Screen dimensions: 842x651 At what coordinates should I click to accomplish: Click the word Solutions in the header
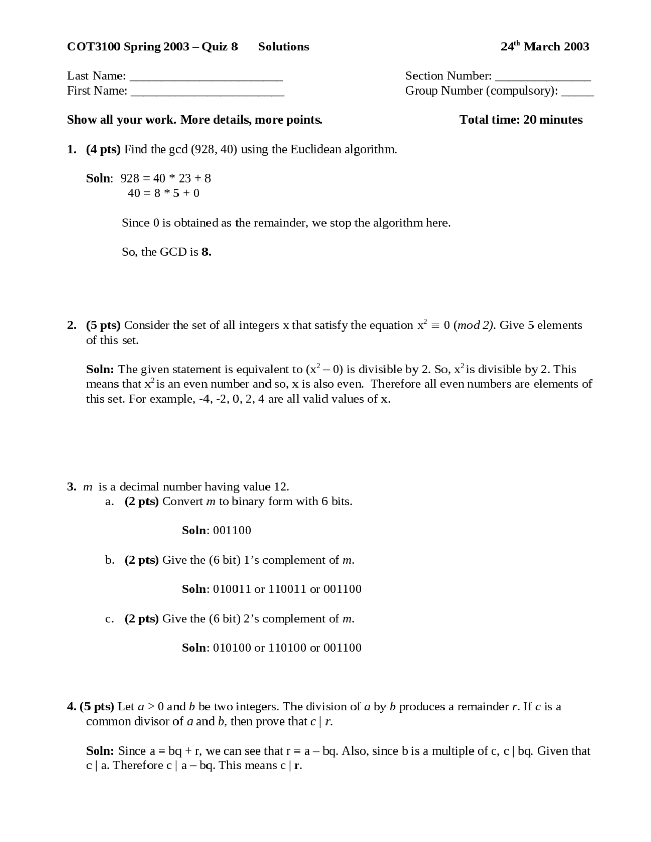(283, 47)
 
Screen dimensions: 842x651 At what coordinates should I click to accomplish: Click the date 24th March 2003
(544, 47)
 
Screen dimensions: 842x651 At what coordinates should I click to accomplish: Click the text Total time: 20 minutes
(521, 120)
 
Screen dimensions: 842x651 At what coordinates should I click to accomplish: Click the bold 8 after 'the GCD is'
(206, 252)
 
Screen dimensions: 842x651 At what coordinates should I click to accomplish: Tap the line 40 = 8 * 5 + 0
(163, 193)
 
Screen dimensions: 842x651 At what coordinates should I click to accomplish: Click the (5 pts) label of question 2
(103, 325)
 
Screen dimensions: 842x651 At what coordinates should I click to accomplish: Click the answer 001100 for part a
(232, 531)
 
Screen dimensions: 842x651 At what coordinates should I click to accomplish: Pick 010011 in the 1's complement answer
(232, 589)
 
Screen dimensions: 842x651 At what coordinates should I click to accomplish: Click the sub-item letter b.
(109, 560)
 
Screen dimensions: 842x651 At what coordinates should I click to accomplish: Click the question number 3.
(71, 487)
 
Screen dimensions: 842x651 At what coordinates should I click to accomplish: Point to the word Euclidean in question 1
(315, 149)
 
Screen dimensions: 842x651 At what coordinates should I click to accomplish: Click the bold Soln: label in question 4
(100, 751)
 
